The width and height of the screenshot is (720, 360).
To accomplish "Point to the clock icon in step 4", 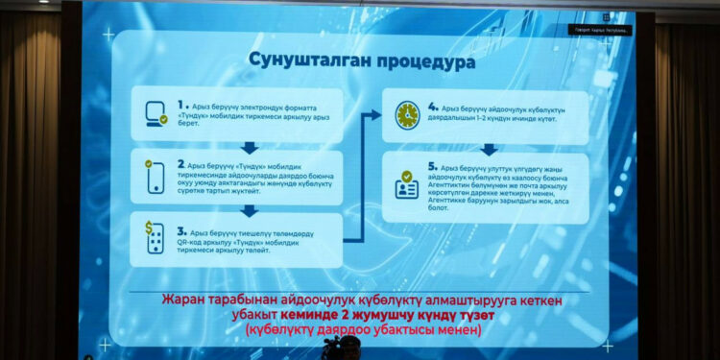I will tap(407, 113).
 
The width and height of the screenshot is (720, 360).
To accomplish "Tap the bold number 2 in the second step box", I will tap(182, 163).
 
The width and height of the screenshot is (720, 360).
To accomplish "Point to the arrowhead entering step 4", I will tap(375, 115).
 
